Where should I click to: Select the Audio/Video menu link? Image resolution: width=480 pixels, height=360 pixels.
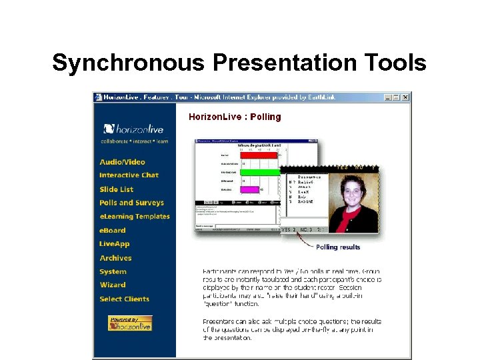(x=122, y=162)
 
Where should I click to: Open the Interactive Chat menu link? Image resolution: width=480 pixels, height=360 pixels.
(x=129, y=175)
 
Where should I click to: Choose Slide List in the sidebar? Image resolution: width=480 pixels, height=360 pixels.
(x=117, y=189)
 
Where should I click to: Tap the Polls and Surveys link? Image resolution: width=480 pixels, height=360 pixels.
(x=131, y=203)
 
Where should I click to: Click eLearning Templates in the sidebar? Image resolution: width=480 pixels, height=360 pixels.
(x=135, y=217)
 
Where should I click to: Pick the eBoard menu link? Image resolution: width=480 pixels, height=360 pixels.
(x=113, y=231)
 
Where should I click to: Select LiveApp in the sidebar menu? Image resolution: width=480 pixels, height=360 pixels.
(x=115, y=244)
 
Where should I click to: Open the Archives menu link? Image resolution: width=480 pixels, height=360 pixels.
(x=115, y=258)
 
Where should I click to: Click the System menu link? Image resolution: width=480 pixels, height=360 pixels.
(x=113, y=272)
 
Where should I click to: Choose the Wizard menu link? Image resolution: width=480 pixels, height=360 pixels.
(x=113, y=285)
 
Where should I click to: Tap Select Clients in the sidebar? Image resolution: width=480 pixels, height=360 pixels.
(x=124, y=299)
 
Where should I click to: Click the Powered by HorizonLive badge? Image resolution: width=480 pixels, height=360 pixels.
(x=130, y=323)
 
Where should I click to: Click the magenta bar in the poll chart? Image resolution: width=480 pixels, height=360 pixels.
(x=249, y=189)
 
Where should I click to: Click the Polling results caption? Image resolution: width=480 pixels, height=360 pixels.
(x=338, y=247)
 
